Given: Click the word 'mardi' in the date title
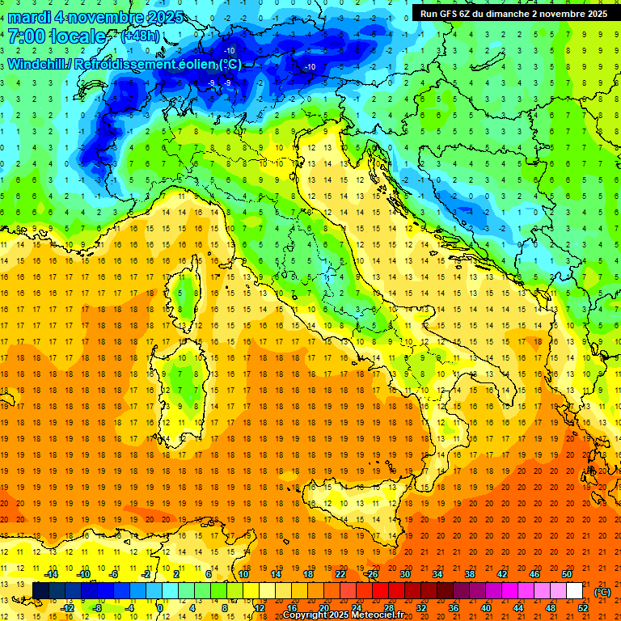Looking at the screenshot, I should click(30, 17).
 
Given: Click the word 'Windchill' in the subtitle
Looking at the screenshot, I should click(38, 64).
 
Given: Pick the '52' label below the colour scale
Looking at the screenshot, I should click(583, 607).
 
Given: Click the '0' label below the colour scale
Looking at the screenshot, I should click(160, 607).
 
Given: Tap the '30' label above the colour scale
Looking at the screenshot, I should click(404, 574).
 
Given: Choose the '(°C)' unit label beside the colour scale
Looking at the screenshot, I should click(602, 591).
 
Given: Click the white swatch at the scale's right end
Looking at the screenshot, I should click(574, 590).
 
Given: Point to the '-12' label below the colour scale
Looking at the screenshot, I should click(67, 607).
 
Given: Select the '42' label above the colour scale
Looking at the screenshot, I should click(501, 574).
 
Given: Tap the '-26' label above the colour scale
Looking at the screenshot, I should click(371, 574).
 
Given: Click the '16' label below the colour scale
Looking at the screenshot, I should click(291, 607).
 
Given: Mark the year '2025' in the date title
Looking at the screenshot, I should click(165, 17).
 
